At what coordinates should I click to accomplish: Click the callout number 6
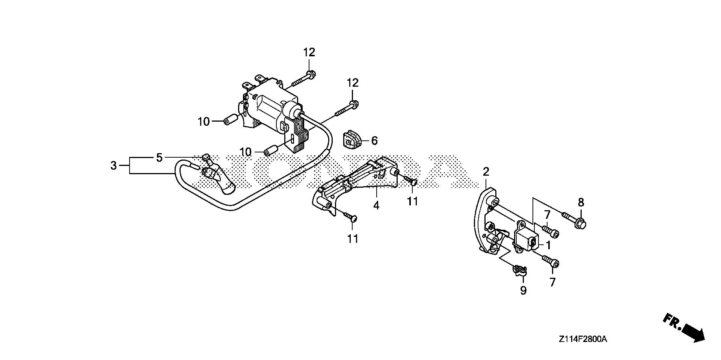[374, 141]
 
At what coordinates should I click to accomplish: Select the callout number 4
[376, 205]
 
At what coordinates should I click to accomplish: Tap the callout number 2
[486, 172]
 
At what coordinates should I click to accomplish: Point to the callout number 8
[581, 203]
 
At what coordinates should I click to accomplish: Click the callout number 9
[523, 290]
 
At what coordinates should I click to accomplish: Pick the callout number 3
[113, 165]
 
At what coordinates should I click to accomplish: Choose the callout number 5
[159, 158]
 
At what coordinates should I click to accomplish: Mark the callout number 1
[548, 245]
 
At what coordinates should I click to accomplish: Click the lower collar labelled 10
[271, 151]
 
